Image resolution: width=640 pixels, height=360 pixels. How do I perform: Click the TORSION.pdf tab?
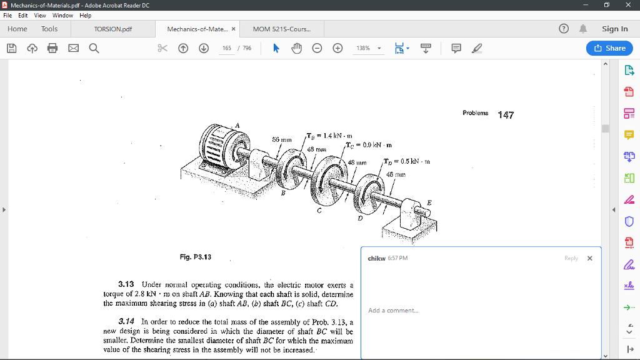(x=113, y=29)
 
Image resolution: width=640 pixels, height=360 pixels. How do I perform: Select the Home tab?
(x=17, y=29)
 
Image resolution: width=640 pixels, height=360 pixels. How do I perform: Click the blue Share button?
(x=609, y=48)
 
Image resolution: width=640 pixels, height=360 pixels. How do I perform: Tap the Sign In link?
(x=614, y=29)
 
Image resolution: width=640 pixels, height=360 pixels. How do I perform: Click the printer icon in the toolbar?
(x=52, y=48)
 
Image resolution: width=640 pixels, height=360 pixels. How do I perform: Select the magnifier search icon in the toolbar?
(x=94, y=48)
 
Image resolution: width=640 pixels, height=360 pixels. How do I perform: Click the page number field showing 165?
(x=227, y=48)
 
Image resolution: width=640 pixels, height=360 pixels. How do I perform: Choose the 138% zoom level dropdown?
(x=369, y=48)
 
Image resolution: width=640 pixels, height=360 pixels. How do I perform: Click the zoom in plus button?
(x=338, y=48)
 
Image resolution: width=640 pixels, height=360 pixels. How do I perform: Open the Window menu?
(x=62, y=15)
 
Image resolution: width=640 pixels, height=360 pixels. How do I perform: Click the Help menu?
(x=86, y=15)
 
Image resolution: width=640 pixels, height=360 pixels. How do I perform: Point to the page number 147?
(x=505, y=114)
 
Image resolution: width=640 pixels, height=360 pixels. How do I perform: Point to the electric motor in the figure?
(x=219, y=150)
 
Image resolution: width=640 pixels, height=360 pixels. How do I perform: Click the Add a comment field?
(x=393, y=311)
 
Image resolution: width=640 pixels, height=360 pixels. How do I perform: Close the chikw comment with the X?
(x=589, y=258)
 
